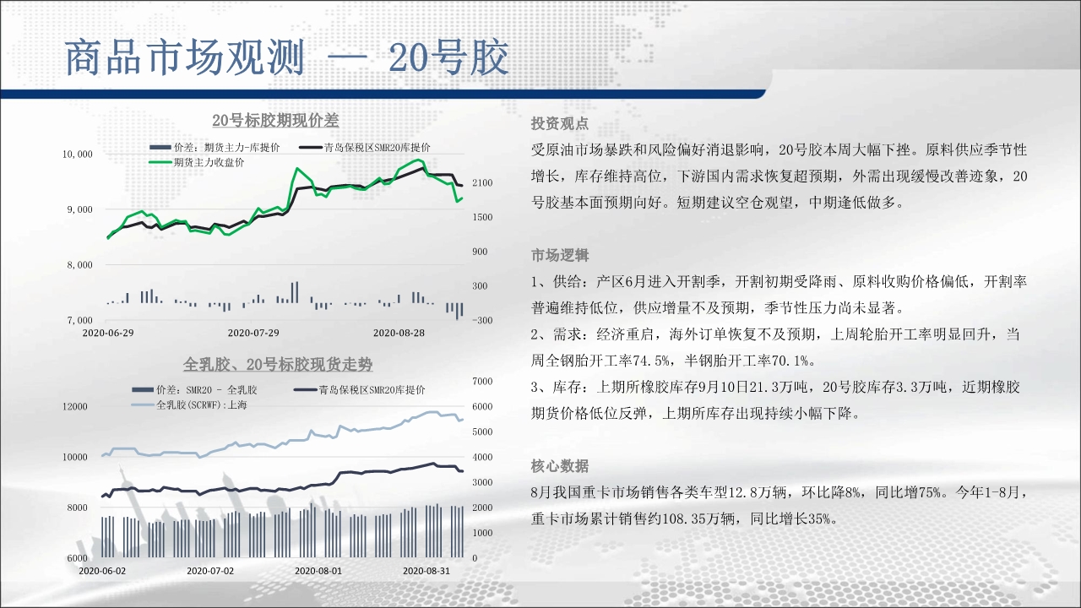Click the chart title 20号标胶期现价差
(275, 120)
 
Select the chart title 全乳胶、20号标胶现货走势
(278, 364)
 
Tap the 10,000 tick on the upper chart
(77, 154)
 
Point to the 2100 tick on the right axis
(482, 183)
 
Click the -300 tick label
(481, 320)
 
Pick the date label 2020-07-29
(253, 333)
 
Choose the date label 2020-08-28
(399, 333)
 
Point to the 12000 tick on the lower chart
(75, 406)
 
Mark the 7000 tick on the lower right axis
(482, 381)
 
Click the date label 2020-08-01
(318, 571)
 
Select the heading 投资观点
(560, 124)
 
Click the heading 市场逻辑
(560, 255)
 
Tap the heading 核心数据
(560, 466)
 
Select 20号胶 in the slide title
(448, 58)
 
